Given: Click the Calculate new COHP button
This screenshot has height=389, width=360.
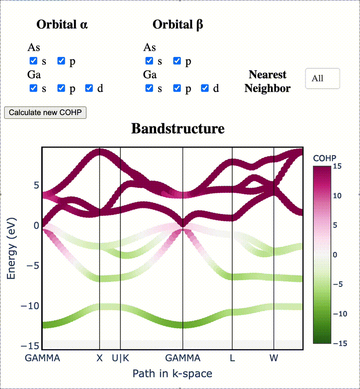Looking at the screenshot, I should [45, 112].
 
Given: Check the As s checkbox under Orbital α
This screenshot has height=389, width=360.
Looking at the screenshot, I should [33, 61].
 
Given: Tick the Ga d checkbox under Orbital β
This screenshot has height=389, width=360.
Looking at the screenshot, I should [205, 88].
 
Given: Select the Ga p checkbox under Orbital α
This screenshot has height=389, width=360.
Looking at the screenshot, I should [61, 88].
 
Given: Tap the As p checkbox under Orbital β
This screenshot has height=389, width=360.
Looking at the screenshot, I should [177, 61].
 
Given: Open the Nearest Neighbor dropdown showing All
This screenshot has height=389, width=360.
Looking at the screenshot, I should [322, 79].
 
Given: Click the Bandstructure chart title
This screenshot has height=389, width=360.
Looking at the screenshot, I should [178, 129].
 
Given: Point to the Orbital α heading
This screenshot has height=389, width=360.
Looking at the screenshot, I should [62, 25].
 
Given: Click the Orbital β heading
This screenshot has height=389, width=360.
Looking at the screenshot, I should [178, 25].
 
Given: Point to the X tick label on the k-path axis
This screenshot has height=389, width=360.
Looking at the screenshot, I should [99, 358].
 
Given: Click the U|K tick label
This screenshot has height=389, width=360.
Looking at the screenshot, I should [121, 358].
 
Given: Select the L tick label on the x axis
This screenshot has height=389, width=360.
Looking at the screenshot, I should [232, 358].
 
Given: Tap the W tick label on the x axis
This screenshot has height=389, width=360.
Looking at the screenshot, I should [274, 358].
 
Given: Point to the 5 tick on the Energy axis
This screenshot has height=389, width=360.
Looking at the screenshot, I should [36, 185].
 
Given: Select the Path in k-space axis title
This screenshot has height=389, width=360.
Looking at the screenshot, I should [172, 374].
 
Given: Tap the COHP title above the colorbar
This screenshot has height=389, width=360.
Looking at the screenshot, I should [324, 158].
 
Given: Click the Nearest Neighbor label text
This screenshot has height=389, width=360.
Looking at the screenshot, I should [267, 81].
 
